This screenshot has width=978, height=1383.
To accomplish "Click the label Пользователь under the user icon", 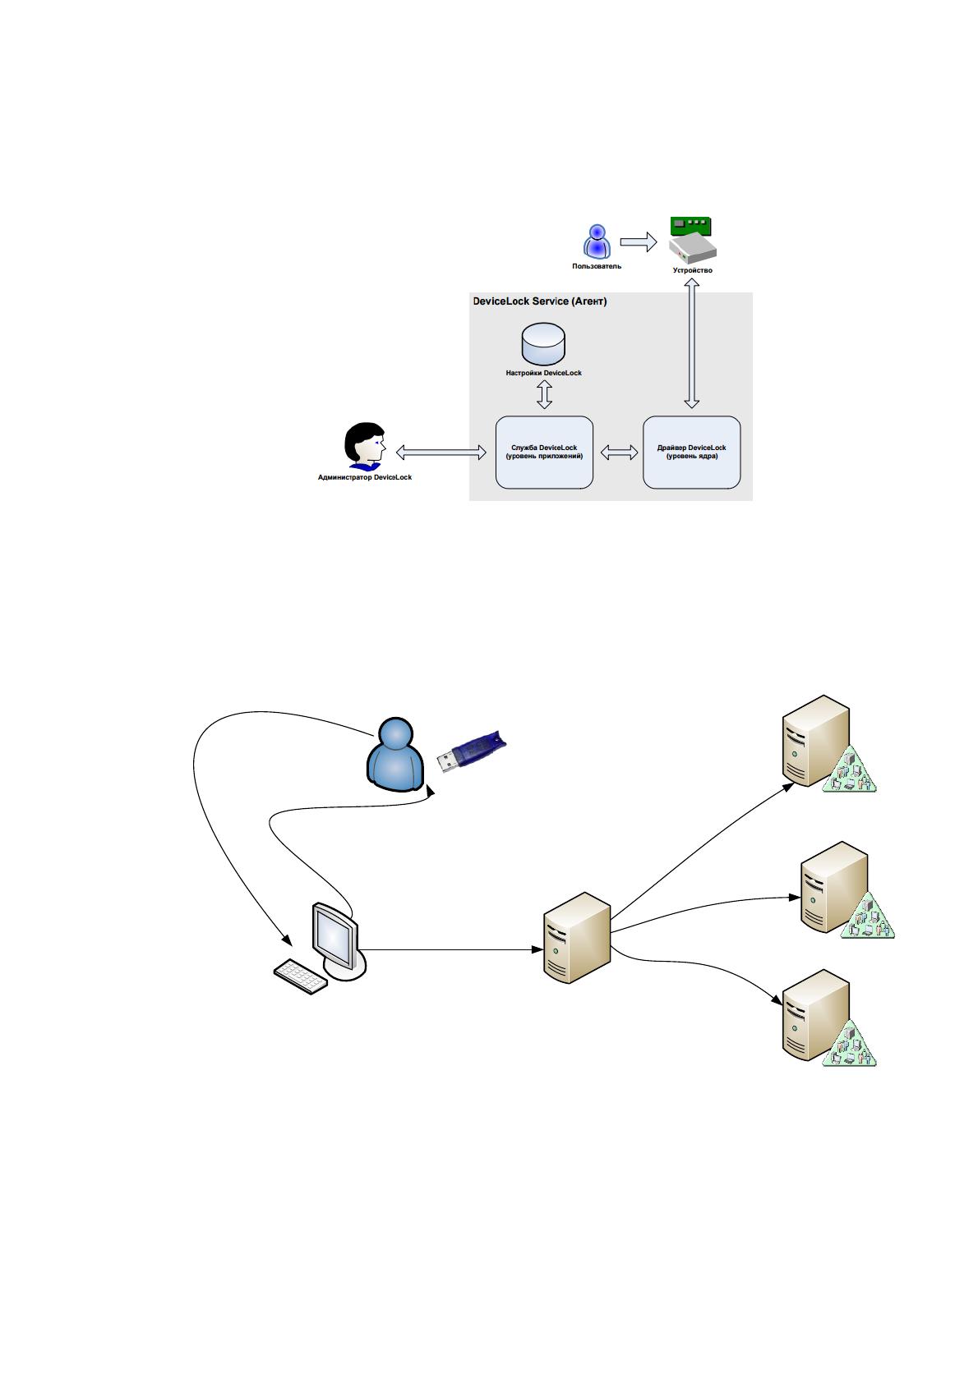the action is (596, 267).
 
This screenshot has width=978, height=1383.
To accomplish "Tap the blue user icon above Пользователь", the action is (597, 241).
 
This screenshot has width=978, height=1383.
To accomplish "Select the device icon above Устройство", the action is (692, 240).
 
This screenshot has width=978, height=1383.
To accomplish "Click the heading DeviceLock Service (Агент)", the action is (539, 301).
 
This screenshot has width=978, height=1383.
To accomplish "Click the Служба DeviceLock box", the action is (544, 453).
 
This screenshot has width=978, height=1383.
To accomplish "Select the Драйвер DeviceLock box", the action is (691, 453).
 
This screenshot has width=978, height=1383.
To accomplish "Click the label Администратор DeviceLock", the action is (365, 477).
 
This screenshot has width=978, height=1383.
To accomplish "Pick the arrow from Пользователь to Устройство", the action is (638, 242).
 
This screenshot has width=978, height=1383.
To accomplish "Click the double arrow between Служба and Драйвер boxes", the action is (618, 453).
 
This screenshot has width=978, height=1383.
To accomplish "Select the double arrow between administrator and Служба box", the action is (441, 453).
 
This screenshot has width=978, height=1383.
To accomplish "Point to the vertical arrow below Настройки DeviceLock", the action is (544, 394).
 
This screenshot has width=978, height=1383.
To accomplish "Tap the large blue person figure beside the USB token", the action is (395, 754).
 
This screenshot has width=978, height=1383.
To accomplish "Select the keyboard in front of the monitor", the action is (301, 976).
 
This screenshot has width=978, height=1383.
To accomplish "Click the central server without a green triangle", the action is (576, 938).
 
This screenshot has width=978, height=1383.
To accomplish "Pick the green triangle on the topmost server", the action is (850, 771).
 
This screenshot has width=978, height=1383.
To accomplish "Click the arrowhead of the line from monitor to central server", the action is (537, 949).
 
